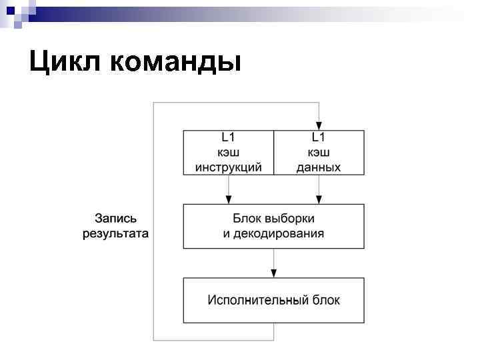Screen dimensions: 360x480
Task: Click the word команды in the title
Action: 174,63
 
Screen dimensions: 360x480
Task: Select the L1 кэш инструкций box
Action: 229,153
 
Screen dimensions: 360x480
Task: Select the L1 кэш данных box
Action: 319,153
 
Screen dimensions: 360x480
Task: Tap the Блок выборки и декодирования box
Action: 273,226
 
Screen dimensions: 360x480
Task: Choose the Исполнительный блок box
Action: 273,300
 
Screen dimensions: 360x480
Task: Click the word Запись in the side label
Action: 115,219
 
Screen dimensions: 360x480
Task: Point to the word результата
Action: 115,234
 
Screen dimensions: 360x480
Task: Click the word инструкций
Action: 229,167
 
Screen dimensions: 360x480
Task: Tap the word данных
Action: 319,167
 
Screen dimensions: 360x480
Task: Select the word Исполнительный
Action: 249,300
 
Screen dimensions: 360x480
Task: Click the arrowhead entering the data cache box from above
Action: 319,126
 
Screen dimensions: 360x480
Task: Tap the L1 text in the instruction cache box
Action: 229,138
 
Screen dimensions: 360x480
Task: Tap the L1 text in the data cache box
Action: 319,138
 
